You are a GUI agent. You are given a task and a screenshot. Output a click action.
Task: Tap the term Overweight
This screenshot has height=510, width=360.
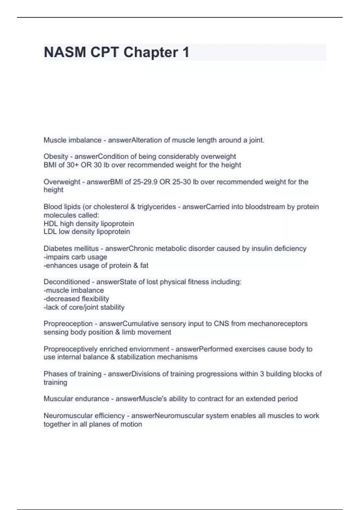(62, 182)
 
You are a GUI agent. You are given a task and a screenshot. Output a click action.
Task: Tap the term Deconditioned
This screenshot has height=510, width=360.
(67, 282)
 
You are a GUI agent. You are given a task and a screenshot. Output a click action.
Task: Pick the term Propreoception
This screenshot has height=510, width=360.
(68, 324)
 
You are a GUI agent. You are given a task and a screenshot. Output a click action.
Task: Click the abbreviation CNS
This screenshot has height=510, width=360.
(221, 324)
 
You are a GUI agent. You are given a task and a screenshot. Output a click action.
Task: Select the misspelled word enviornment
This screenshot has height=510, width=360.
(149, 349)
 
